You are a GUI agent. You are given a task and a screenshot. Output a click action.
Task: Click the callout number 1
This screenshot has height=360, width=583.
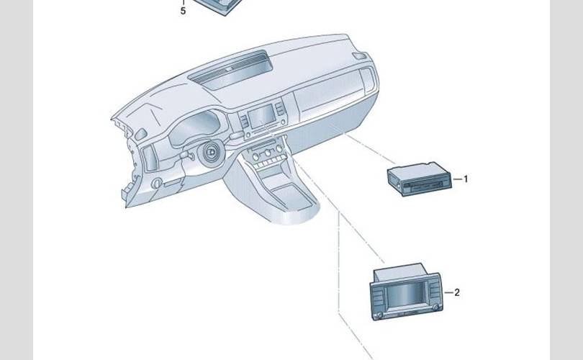tap(466, 179)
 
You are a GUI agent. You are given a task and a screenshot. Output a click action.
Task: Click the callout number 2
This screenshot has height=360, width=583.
tap(456, 292)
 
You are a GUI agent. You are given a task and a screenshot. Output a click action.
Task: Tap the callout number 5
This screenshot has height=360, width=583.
tap(183, 12)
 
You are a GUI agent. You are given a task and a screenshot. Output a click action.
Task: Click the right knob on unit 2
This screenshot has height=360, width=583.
tap(427, 315)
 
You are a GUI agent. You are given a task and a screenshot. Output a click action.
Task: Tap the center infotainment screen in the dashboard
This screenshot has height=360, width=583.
tap(262, 115)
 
